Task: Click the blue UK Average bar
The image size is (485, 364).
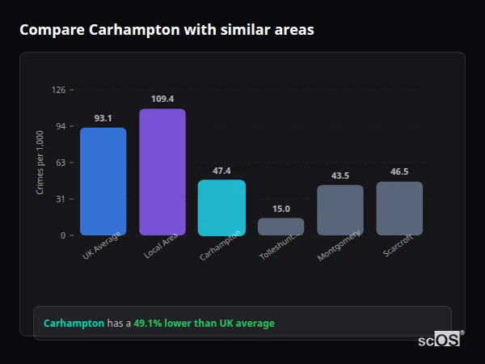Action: coord(103,181)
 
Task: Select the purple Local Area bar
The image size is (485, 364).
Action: coord(162,171)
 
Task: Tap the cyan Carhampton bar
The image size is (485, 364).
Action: coord(221,207)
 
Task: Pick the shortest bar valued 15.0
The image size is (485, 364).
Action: coord(280,226)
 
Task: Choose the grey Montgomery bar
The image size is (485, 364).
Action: coord(339,210)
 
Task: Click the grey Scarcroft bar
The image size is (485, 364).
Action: coord(399,208)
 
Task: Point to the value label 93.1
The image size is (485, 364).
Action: coord(103,118)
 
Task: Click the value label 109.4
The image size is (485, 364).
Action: coord(162,99)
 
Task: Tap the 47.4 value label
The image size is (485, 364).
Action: coord(221,171)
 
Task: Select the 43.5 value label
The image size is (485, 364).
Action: coord(339,176)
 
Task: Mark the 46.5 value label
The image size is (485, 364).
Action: coord(399,171)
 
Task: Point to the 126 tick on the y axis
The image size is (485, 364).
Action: coord(58,90)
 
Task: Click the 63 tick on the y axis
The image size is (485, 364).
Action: coord(61,163)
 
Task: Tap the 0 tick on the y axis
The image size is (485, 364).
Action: coord(63,235)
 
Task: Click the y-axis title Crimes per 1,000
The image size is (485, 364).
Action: coord(40,163)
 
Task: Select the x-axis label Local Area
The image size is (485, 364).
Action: coord(160,247)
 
